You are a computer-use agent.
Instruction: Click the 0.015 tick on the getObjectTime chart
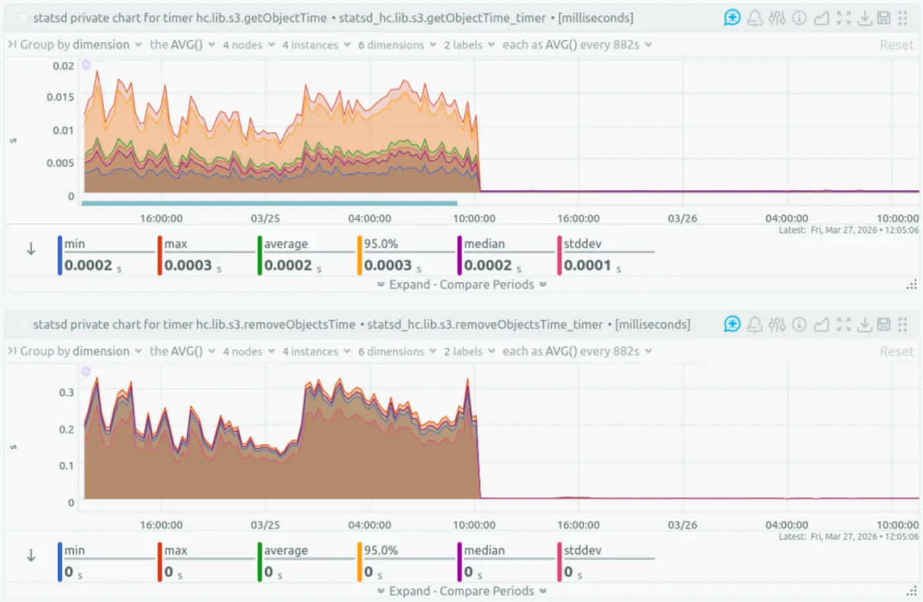pos(60,97)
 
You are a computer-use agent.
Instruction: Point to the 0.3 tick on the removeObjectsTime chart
pos(67,392)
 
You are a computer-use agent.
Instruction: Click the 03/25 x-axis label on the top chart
pos(265,218)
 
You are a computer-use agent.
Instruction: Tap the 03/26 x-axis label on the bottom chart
pos(682,525)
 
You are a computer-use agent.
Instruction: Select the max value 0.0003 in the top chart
pos(188,265)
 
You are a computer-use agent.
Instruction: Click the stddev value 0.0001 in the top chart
pos(587,265)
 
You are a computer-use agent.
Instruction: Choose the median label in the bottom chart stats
pos(484,550)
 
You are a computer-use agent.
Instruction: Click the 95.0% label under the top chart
pos(381,243)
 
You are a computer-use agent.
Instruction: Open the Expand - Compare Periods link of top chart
pos(461,284)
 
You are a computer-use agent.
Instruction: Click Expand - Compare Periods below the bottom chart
pos(461,591)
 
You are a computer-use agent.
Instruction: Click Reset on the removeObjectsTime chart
pos(896,351)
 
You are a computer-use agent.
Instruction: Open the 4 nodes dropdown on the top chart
pos(248,45)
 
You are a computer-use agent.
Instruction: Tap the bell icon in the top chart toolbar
pos(755,18)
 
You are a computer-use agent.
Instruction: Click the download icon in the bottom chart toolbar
pos(864,324)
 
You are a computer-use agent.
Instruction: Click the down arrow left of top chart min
pos(31,249)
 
